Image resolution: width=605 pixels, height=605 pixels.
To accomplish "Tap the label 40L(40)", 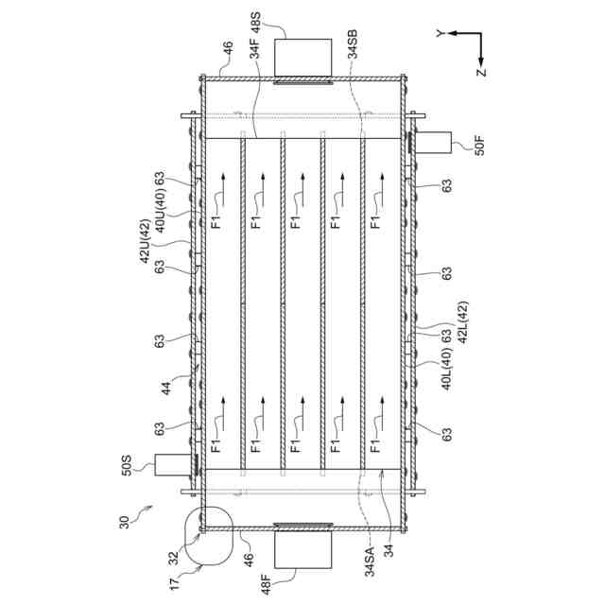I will [446, 372].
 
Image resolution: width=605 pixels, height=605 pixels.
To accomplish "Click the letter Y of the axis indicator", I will [440, 34].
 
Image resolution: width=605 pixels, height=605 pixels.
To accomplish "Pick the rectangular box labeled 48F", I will [302, 549].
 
